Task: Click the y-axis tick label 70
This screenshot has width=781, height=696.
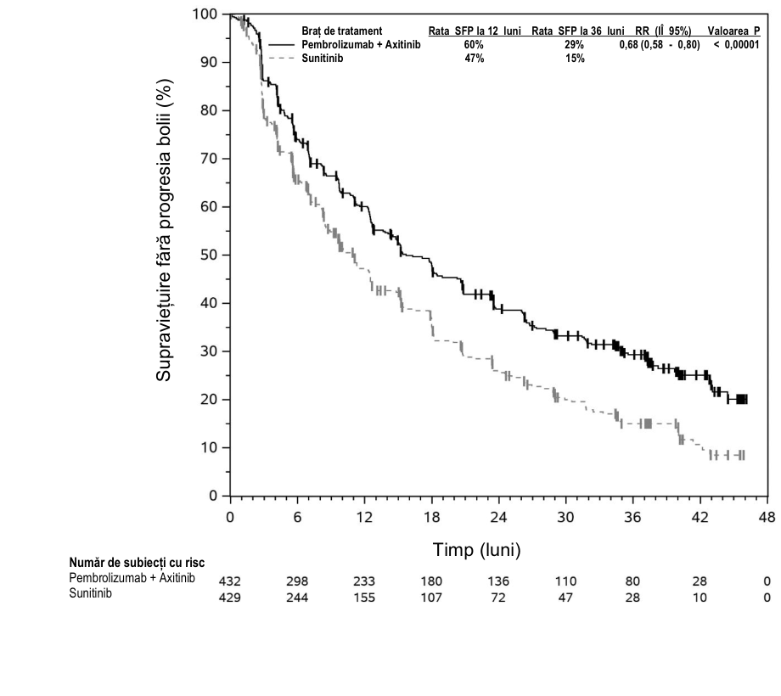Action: pyautogui.click(x=208, y=159)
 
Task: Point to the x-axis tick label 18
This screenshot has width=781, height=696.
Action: pyautogui.click(x=431, y=517)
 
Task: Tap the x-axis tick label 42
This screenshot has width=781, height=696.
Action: pyautogui.click(x=700, y=517)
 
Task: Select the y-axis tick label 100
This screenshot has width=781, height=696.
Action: pyautogui.click(x=205, y=14)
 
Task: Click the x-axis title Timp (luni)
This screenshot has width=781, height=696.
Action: pyautogui.click(x=477, y=550)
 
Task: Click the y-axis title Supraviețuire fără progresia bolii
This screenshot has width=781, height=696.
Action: pyautogui.click(x=163, y=230)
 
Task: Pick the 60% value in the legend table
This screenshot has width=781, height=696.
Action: pyautogui.click(x=474, y=45)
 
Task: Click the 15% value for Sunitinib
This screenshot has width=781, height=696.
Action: pyautogui.click(x=575, y=59)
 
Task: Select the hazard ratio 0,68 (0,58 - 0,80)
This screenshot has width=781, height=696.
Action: pyautogui.click(x=660, y=45)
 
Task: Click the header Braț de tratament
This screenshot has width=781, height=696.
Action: pyautogui.click(x=341, y=31)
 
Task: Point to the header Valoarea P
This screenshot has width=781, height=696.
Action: pyautogui.click(x=733, y=31)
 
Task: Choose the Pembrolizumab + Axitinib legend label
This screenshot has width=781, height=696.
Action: pyautogui.click(x=361, y=45)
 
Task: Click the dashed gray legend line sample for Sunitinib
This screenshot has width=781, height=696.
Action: pyautogui.click(x=282, y=59)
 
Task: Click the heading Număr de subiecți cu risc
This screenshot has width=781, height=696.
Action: pyautogui.click(x=137, y=563)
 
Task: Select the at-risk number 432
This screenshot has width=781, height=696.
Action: pyautogui.click(x=229, y=581)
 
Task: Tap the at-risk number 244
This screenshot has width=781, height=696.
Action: pyautogui.click(x=297, y=598)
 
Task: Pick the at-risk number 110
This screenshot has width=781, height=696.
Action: pyautogui.click(x=565, y=581)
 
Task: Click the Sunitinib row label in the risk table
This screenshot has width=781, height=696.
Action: pyautogui.click(x=90, y=593)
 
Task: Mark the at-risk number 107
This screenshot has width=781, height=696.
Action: pyautogui.click(x=431, y=598)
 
